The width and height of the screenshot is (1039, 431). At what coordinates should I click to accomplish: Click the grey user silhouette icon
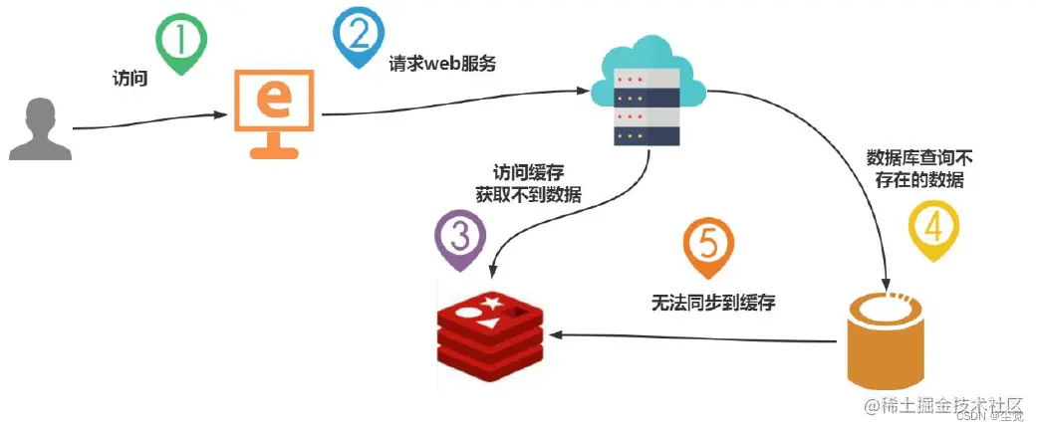(x=40, y=128)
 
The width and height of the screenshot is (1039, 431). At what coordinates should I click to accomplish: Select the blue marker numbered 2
(x=356, y=35)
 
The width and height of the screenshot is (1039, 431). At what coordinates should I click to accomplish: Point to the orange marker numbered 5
(x=708, y=249)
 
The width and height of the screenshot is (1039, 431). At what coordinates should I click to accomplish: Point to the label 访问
(x=130, y=78)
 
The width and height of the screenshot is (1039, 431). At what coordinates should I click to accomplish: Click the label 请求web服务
(x=441, y=64)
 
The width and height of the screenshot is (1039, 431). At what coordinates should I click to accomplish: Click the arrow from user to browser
(x=149, y=120)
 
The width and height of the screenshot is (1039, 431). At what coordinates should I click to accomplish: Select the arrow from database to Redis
(x=697, y=337)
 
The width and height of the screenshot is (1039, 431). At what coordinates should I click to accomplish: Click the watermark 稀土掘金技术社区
(x=943, y=405)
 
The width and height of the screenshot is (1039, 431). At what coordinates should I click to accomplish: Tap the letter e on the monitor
(x=274, y=101)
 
